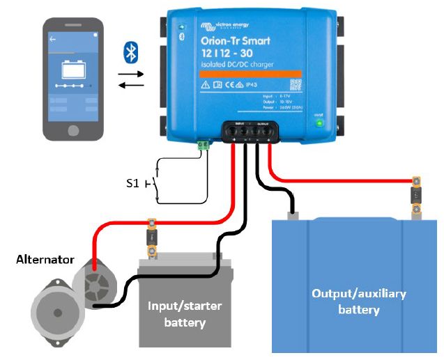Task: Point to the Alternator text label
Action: point(45,260)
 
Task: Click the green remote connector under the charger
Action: point(204,145)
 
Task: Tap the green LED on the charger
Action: point(320,123)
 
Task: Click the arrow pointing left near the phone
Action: point(132,86)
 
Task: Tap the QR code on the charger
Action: point(296,84)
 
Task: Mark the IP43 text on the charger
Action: point(263,85)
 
